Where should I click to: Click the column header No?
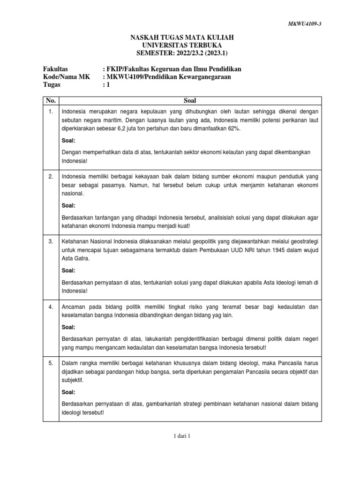click(x=50, y=100)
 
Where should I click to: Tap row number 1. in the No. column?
click(x=50, y=112)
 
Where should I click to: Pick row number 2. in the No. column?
click(x=50, y=176)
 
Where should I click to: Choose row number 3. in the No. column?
click(x=50, y=240)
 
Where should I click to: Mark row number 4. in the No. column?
click(x=50, y=307)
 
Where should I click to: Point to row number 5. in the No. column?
click(x=50, y=362)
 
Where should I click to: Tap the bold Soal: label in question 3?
click(x=69, y=270)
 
